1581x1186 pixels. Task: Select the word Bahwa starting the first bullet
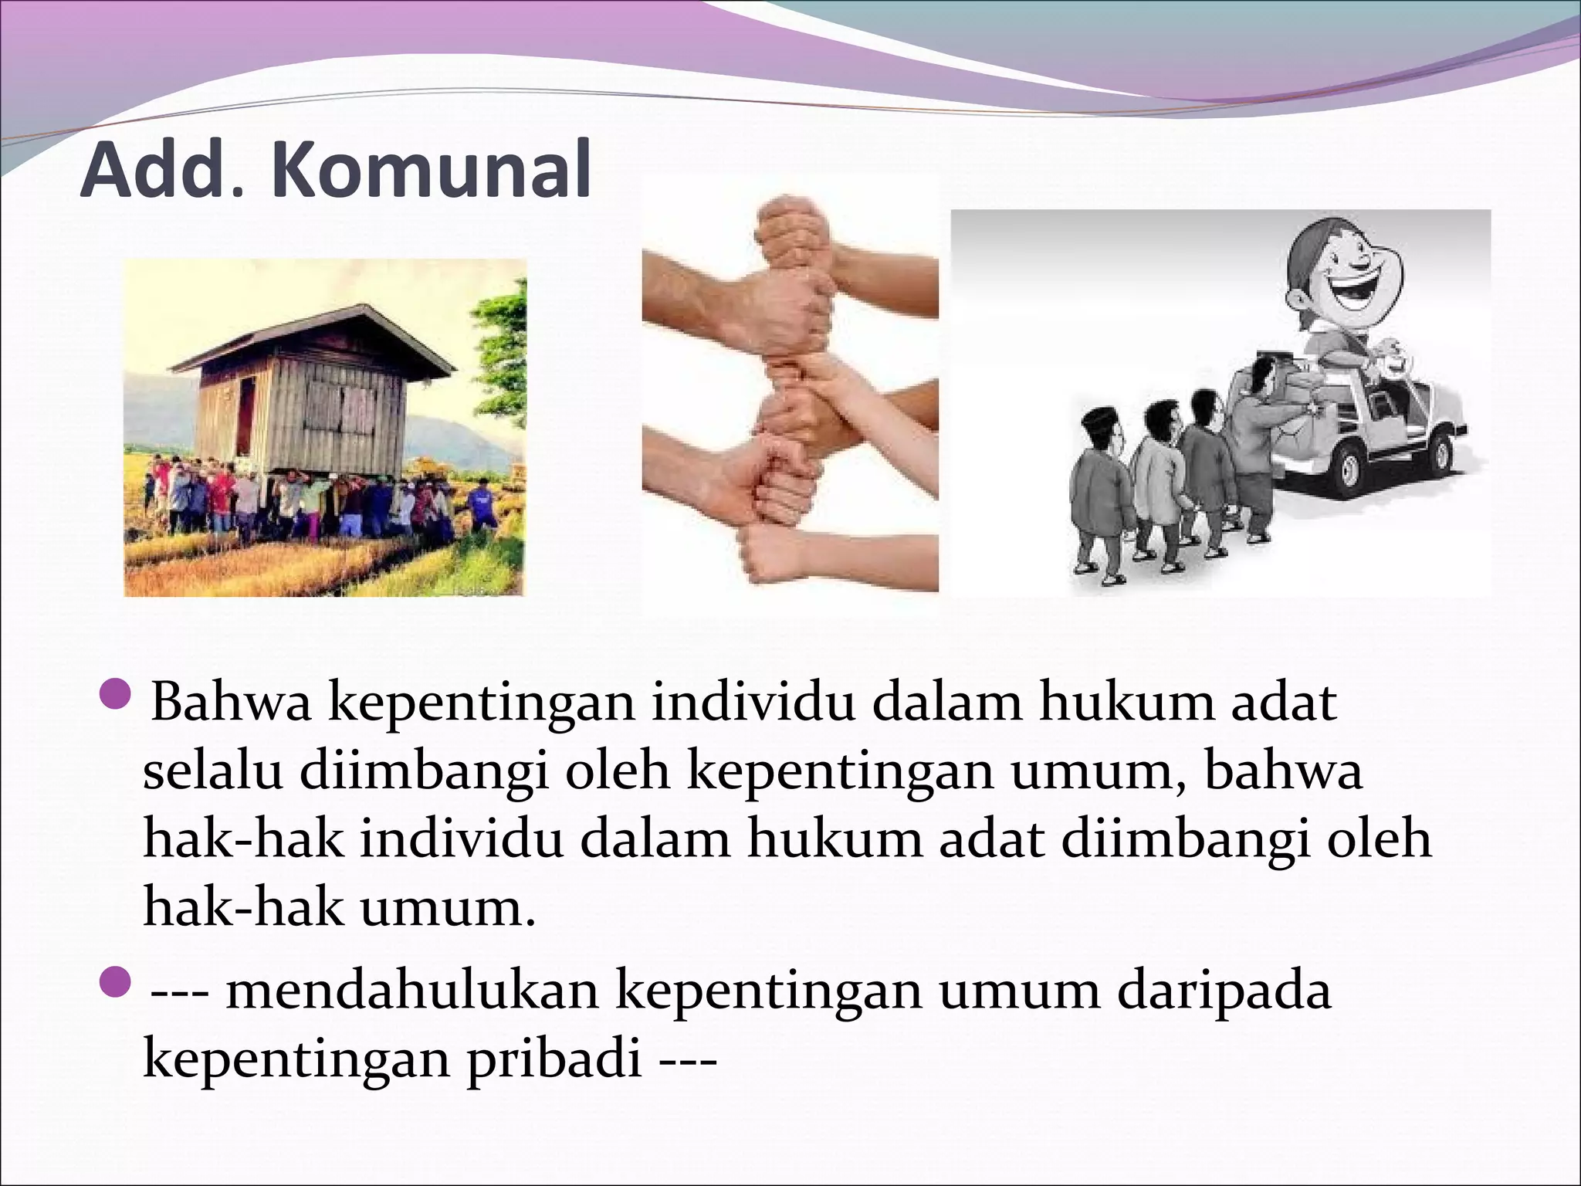(x=231, y=702)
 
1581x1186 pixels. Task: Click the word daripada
(x=1224, y=991)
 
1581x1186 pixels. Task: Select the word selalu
(x=212, y=772)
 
